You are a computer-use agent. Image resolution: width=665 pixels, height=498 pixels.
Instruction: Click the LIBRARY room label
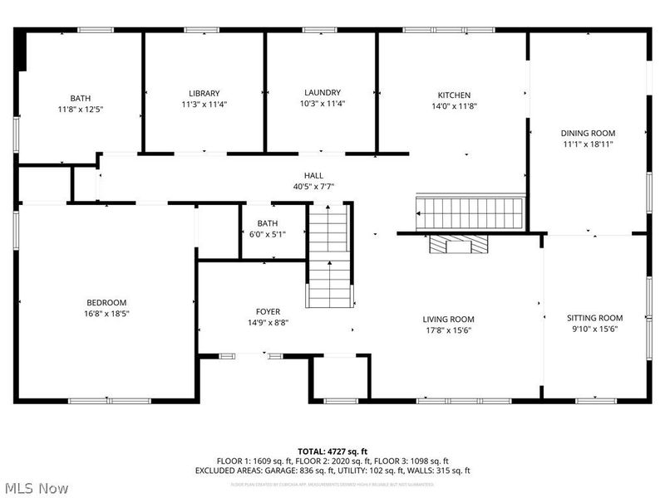(204, 93)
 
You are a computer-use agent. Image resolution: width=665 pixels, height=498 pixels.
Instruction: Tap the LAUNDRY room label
(322, 92)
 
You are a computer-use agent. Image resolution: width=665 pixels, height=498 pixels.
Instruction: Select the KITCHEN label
(454, 95)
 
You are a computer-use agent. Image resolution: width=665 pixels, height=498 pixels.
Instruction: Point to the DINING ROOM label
(588, 133)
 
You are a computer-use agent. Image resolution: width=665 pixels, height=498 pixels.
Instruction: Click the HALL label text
(313, 175)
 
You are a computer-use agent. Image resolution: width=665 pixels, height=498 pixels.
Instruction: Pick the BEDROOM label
(107, 302)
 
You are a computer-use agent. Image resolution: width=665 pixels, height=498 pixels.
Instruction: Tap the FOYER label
(268, 311)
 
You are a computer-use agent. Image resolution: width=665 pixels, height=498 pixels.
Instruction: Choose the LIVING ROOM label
(448, 319)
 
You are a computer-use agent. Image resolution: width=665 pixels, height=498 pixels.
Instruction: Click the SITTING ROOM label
(594, 318)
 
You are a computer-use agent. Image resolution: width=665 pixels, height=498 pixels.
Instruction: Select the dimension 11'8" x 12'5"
(81, 109)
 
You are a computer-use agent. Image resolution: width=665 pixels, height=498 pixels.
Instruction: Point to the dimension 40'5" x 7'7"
(313, 186)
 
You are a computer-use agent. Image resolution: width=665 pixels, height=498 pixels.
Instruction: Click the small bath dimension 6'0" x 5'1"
(268, 234)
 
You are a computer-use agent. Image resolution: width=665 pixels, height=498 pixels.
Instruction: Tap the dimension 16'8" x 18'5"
(107, 314)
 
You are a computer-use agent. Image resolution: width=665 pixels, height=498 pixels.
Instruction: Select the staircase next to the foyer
(331, 257)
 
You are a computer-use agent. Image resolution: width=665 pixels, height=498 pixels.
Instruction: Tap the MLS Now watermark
(35, 488)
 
